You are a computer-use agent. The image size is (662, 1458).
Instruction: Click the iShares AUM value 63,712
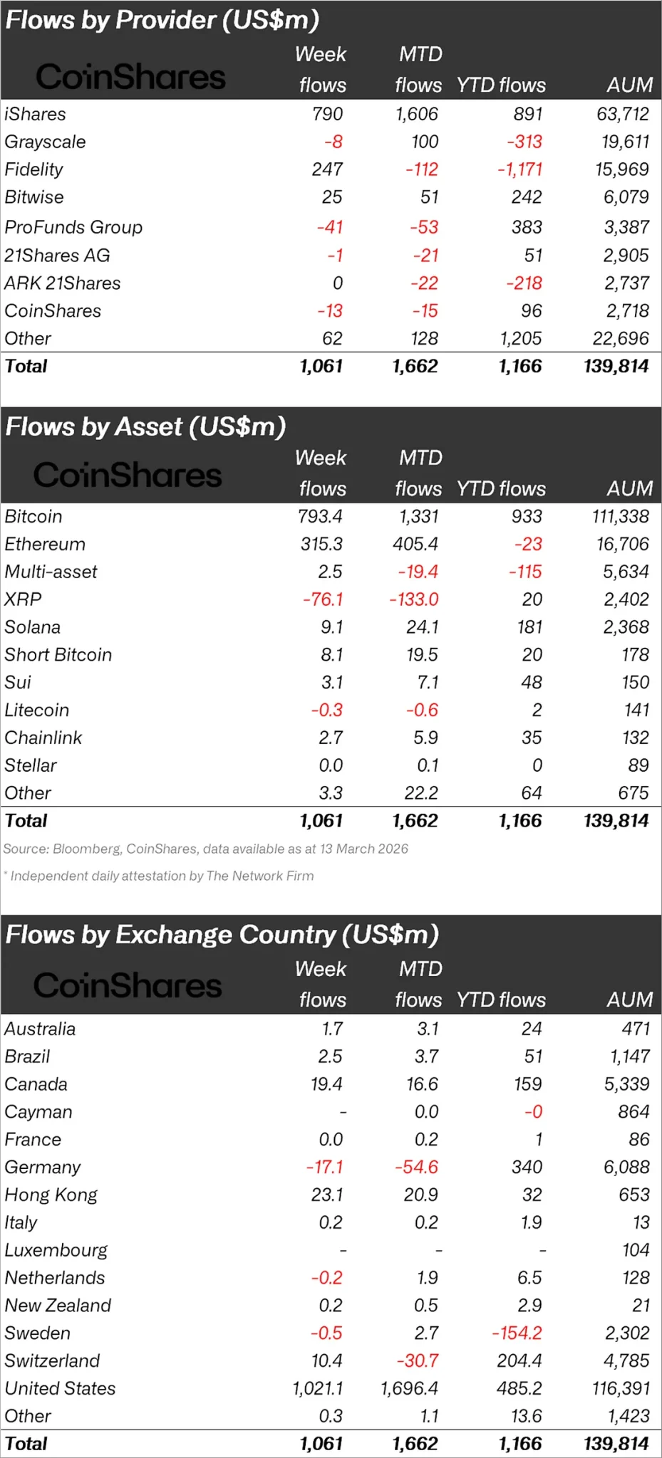click(x=622, y=114)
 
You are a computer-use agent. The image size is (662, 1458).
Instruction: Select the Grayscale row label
click(x=45, y=142)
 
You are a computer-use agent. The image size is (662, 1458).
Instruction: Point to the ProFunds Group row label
click(x=73, y=227)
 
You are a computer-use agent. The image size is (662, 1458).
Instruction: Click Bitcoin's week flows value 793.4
click(x=320, y=516)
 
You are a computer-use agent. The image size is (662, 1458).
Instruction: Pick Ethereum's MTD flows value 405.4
click(x=415, y=544)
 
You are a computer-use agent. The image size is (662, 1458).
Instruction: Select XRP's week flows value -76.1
click(x=322, y=599)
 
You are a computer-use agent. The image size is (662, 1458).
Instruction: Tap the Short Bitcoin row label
click(x=58, y=655)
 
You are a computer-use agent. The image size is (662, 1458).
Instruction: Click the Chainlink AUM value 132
click(x=635, y=738)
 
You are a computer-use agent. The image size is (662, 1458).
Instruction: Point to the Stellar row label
click(x=31, y=765)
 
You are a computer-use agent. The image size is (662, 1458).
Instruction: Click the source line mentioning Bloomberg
click(x=205, y=849)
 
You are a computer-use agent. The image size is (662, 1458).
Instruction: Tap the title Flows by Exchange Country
click(x=222, y=935)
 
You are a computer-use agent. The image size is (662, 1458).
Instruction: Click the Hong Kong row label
click(x=51, y=1195)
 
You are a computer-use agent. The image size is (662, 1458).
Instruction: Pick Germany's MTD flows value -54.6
click(x=416, y=1167)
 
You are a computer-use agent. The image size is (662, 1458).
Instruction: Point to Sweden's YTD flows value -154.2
click(x=517, y=1333)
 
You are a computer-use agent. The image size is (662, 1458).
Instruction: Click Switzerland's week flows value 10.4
click(x=326, y=1360)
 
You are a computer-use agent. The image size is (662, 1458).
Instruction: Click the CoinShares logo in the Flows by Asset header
click(x=128, y=475)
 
